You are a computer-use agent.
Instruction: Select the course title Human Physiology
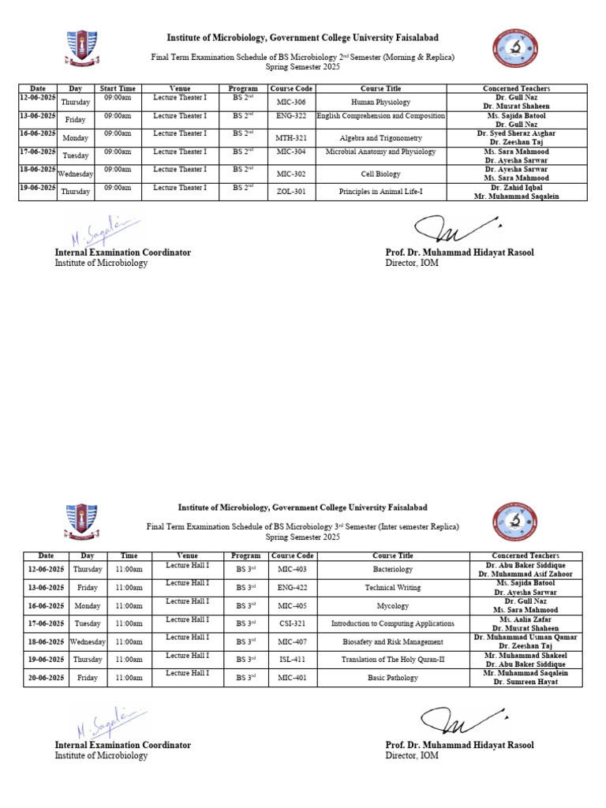click(380, 102)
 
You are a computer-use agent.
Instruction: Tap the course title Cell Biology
click(380, 174)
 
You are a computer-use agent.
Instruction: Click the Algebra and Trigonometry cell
click(380, 138)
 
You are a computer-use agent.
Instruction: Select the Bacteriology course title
click(392, 569)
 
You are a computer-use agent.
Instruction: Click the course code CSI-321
click(292, 623)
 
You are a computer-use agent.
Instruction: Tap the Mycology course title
click(392, 606)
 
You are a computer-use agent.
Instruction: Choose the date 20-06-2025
click(46, 678)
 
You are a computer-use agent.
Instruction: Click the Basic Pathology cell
click(392, 678)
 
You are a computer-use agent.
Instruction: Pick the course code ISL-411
click(292, 660)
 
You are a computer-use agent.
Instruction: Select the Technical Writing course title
click(392, 588)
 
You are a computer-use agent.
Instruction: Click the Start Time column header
click(118, 88)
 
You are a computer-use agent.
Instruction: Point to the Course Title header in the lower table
click(392, 556)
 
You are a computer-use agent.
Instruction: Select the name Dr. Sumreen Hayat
click(526, 682)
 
